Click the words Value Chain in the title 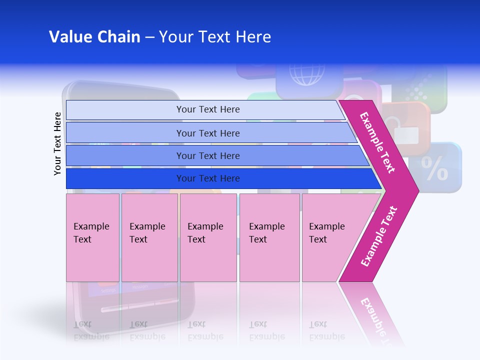click(94, 37)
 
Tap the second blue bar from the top click(208, 133)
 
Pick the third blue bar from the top click(208, 155)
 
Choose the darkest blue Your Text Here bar click(208, 178)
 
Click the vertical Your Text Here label click(57, 143)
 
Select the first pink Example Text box click(92, 237)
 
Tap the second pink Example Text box click(149, 237)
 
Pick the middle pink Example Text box click(208, 237)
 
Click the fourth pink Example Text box click(269, 237)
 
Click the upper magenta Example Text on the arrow click(377, 142)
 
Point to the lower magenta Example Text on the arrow click(379, 236)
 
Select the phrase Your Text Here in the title click(215, 37)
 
